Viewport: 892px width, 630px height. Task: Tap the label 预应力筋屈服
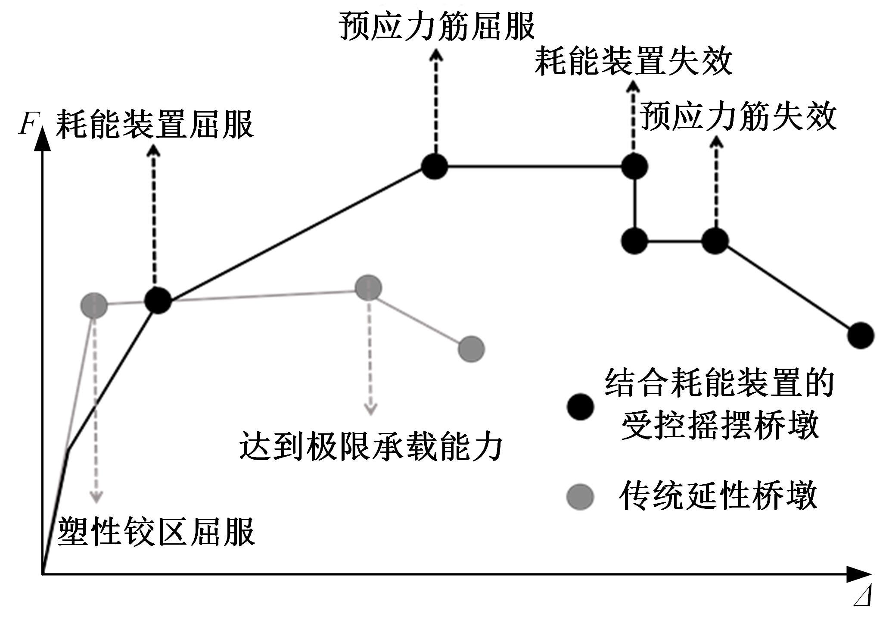[437, 25]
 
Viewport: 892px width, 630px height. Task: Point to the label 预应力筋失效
[738, 116]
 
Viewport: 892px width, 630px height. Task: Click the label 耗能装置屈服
[155, 124]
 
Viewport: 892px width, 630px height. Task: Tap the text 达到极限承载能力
[371, 446]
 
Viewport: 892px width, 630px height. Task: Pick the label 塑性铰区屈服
[156, 532]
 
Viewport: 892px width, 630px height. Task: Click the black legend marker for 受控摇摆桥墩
[580, 406]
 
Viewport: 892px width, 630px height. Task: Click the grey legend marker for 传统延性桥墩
[580, 497]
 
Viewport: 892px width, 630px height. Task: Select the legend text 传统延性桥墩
[718, 496]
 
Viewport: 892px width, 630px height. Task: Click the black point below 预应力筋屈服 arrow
[435, 166]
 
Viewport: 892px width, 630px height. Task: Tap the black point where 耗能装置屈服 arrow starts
[158, 301]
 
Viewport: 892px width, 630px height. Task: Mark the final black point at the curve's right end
[861, 335]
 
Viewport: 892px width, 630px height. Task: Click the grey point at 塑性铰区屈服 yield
[94, 305]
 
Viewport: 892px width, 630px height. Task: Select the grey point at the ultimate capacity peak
[368, 288]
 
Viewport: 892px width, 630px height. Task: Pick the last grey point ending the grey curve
[471, 349]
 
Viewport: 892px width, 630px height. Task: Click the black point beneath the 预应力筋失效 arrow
[715, 241]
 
